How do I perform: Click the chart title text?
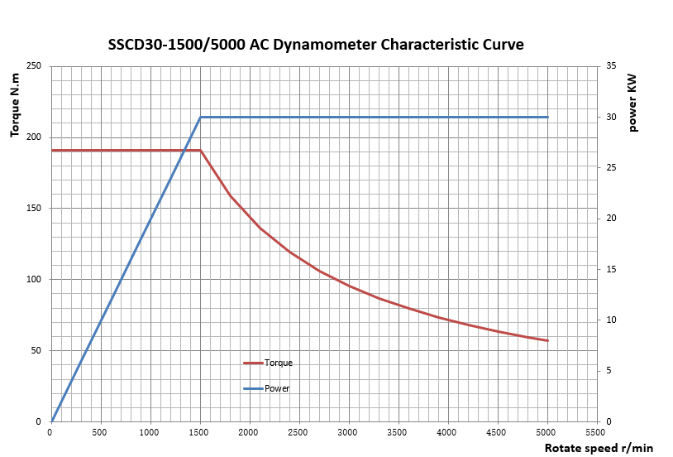(x=316, y=45)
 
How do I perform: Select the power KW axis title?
(x=634, y=102)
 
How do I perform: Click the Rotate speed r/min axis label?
(x=599, y=448)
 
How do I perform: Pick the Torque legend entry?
(x=278, y=363)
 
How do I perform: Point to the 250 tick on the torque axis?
(x=35, y=66)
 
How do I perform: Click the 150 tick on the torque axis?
(x=35, y=209)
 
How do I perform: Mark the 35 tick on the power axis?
(x=611, y=66)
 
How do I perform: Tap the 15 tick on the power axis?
(x=611, y=269)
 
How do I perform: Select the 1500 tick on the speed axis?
(x=199, y=431)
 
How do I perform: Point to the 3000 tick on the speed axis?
(x=348, y=431)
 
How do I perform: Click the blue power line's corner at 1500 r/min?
(x=200, y=118)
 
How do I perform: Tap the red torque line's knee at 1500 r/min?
(x=200, y=151)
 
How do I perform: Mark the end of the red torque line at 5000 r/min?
(x=547, y=340)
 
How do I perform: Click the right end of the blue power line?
(x=547, y=118)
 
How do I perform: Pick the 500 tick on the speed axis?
(x=100, y=431)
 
